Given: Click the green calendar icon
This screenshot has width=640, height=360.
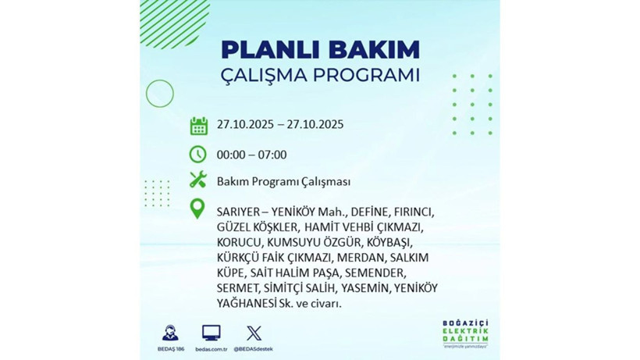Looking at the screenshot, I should point(198,125).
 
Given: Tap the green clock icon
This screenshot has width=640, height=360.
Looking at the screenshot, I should point(198,154).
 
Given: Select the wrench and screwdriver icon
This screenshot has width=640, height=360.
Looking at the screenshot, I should point(198,181).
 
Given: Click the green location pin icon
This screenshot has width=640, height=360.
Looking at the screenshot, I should point(198,209).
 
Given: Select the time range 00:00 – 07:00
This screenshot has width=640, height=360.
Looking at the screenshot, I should point(252,155).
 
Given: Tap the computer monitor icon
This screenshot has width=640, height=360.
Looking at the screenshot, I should point(211,331).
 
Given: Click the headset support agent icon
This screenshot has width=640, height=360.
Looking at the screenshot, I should point(169,331).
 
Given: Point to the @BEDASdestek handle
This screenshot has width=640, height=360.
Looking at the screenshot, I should point(254,348).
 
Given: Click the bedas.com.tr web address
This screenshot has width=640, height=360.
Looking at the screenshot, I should point(211,348).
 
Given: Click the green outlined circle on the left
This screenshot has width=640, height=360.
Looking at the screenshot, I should point(159,94).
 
